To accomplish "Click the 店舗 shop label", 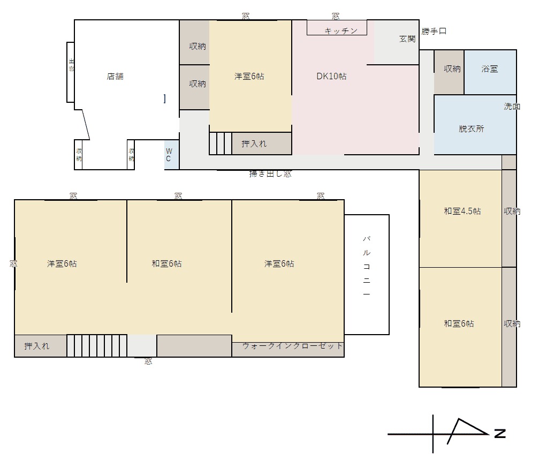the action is click(115, 76).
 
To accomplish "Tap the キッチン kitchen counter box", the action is click(337, 27).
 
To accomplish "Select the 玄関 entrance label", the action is click(407, 39).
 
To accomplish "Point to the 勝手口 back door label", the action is click(434, 31).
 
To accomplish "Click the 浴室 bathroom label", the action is click(490, 69).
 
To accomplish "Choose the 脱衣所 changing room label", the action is click(471, 129).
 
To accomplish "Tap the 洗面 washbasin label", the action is click(512, 106).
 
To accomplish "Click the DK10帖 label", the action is click(331, 76).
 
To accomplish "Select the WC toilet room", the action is click(171, 155).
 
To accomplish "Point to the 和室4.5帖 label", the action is click(462, 211).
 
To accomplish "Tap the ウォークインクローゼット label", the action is click(292, 345).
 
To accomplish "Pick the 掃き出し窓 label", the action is click(270, 173).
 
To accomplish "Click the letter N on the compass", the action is click(500, 433).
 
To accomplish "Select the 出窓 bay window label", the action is click(71, 65).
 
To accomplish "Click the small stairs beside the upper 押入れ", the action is click(221, 143).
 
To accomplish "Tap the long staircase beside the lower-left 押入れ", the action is click(97, 345).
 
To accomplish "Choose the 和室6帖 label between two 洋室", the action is click(166, 263).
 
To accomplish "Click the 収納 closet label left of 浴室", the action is click(452, 69).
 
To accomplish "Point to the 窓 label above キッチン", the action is click(336, 16).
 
